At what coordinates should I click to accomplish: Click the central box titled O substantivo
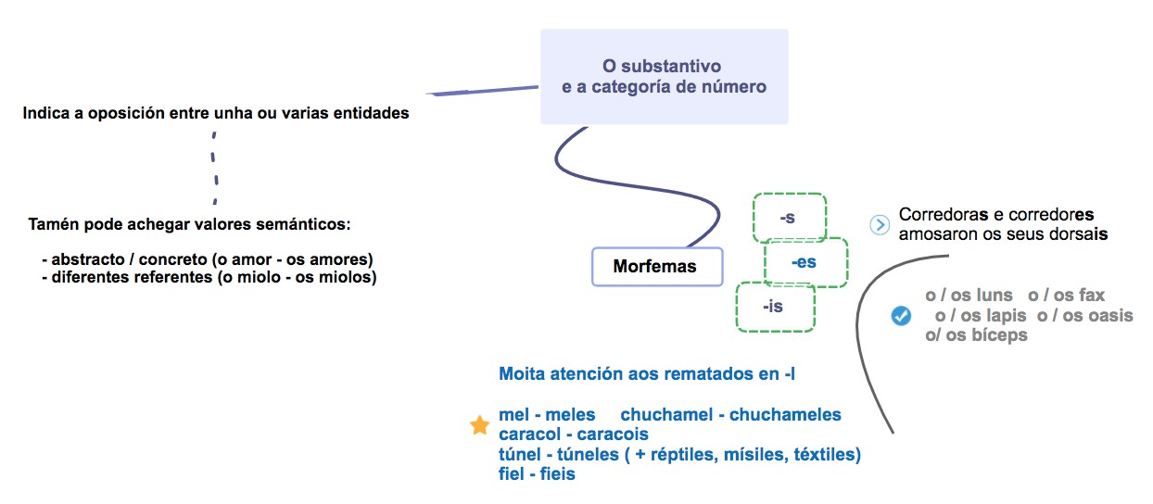pyautogui.click(x=664, y=77)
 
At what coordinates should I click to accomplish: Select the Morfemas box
pyautogui.click(x=654, y=267)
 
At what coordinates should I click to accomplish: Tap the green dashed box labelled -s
pyautogui.click(x=788, y=219)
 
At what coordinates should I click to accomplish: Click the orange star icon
pyautogui.click(x=479, y=425)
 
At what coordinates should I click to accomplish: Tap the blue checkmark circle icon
pyautogui.click(x=900, y=316)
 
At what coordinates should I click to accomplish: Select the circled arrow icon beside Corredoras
pyautogui.click(x=880, y=225)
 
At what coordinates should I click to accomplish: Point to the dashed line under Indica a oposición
pyautogui.click(x=214, y=167)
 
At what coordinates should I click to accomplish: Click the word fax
pyautogui.click(x=1092, y=296)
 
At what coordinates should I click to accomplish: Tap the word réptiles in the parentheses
pyautogui.click(x=674, y=454)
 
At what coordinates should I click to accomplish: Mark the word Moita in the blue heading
pyautogui.click(x=520, y=374)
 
